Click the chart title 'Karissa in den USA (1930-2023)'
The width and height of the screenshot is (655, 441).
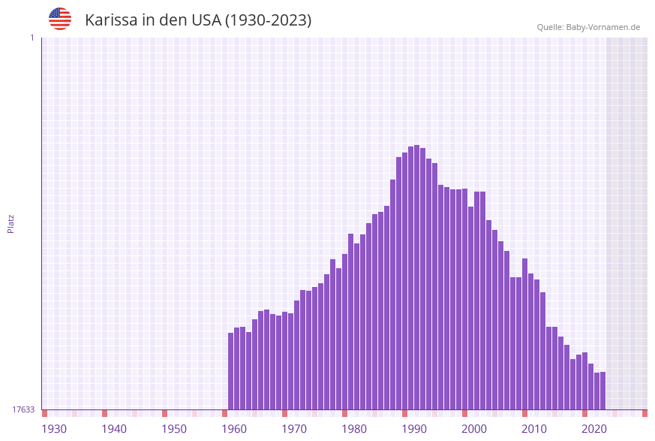(198, 20)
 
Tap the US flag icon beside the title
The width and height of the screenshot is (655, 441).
(60, 19)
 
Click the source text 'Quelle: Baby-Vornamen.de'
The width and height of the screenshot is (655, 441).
(588, 27)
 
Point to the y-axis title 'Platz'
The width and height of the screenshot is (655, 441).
(11, 223)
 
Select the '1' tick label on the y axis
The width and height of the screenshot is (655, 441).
(32, 38)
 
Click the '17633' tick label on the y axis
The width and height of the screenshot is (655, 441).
(23, 409)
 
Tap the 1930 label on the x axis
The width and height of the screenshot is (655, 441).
(54, 429)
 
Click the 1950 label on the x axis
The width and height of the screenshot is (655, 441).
(174, 429)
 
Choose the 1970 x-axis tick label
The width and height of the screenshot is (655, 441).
(294, 429)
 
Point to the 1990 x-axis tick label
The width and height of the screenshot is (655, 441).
(414, 429)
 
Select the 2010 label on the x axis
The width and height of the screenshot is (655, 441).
(534, 429)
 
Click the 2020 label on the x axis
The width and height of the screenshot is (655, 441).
(594, 429)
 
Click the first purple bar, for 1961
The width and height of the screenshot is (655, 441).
(231, 371)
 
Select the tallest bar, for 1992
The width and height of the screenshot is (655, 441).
(417, 277)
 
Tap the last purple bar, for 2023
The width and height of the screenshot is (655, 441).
(602, 391)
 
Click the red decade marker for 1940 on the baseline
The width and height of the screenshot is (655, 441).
(105, 413)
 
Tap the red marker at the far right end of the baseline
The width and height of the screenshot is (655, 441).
(644, 413)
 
